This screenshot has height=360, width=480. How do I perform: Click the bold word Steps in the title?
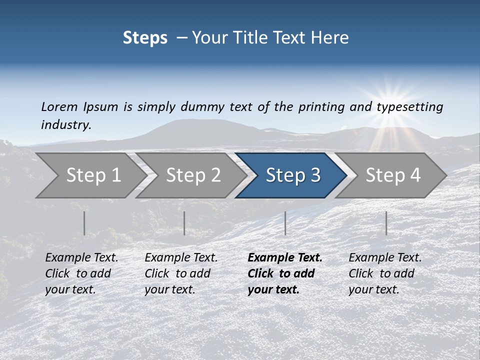145,38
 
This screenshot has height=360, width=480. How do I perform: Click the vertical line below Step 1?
84,223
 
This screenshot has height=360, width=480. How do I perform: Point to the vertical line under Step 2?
184,223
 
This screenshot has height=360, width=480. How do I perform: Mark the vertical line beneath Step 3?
285,223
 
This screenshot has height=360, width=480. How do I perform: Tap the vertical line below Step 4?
386,223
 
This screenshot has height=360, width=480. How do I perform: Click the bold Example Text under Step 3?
284,273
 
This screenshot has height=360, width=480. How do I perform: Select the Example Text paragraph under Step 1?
81,273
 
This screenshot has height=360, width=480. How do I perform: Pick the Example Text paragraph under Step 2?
181,273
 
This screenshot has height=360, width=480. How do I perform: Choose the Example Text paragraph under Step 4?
385,273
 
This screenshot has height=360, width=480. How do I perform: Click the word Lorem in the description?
59,107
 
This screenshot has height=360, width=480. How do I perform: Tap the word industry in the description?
65,125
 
